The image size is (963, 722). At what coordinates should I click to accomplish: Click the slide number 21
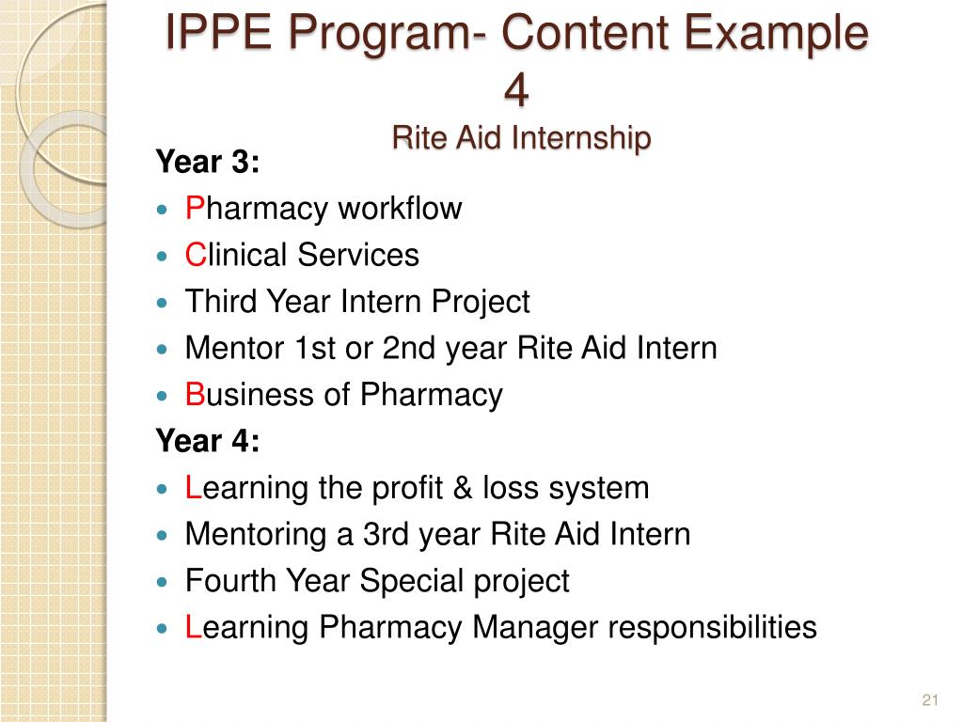click(931, 699)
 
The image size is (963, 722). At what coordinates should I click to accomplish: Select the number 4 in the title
click(516, 90)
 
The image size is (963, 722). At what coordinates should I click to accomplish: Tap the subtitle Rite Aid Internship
click(521, 138)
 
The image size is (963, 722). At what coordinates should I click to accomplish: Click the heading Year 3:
click(207, 163)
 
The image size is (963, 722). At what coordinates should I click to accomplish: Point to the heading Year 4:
click(207, 441)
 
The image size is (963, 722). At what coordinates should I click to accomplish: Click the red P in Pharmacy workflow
click(195, 209)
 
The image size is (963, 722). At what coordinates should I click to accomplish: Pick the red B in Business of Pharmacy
click(195, 395)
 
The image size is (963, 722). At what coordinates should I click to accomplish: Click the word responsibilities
click(712, 627)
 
